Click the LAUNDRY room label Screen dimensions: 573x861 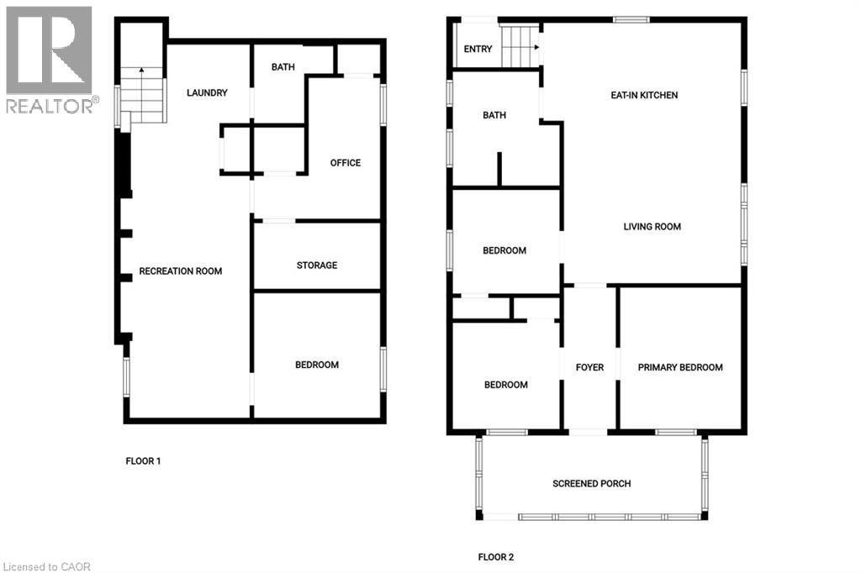207,93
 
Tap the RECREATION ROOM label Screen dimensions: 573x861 180,271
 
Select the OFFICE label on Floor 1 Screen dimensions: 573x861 346,163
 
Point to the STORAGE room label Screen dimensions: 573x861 317,265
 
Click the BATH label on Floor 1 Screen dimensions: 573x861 283,68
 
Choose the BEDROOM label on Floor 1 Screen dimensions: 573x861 317,365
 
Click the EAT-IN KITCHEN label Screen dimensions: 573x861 644,96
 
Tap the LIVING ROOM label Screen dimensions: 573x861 652,227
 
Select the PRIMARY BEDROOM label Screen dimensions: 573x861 680,367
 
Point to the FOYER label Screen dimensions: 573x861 589,367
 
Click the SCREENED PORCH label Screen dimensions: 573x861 591,483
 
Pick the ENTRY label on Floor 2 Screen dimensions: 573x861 478,50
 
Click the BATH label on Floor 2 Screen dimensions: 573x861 494,116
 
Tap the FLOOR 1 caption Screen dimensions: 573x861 143,460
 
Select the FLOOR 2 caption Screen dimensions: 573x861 495,557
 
